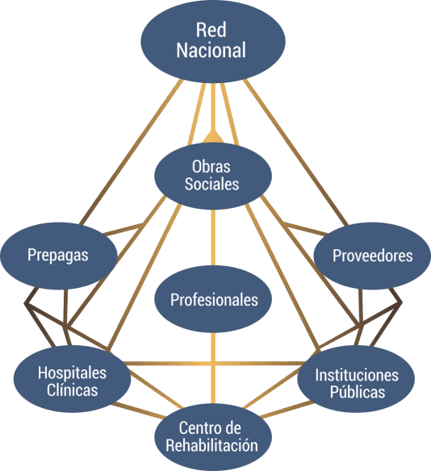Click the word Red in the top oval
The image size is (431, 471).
click(x=211, y=30)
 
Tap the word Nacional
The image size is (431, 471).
click(x=211, y=50)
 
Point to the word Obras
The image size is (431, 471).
click(x=211, y=166)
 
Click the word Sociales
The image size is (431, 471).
click(x=211, y=184)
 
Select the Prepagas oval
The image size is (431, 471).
click(x=59, y=256)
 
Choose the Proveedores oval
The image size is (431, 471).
click(x=372, y=256)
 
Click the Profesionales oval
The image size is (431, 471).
click(x=213, y=299)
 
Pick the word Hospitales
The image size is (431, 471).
click(x=72, y=373)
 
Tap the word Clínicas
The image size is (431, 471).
click(x=72, y=390)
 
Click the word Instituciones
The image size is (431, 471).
click(x=357, y=375)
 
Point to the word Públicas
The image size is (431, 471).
click(x=358, y=392)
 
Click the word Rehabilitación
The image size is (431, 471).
click(x=212, y=445)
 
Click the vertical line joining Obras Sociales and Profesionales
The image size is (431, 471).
click(x=213, y=238)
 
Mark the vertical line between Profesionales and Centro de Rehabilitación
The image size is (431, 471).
click(x=213, y=369)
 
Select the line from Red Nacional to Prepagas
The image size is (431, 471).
click(x=132, y=152)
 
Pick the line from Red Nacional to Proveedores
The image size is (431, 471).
click(x=295, y=152)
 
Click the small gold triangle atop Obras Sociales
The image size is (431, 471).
click(x=213, y=137)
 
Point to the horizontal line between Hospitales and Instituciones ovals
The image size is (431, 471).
click(x=215, y=364)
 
